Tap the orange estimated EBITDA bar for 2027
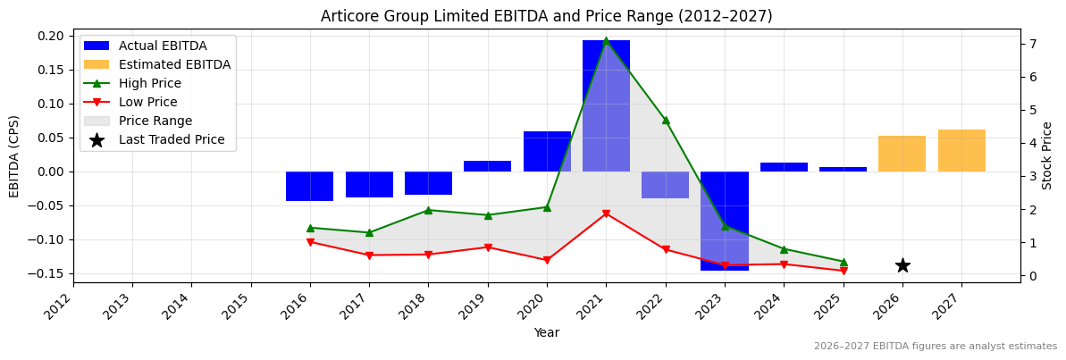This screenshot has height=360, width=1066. click(x=961, y=151)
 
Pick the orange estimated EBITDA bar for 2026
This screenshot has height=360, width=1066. click(x=902, y=154)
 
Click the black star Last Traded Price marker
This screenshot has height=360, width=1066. click(x=902, y=265)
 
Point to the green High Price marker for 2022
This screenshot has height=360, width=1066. click(x=666, y=120)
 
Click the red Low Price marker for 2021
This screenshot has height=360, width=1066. click(x=606, y=213)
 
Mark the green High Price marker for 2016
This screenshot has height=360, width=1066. click(x=310, y=228)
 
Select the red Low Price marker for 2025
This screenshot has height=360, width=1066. click(x=844, y=271)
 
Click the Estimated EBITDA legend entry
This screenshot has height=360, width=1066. click(x=174, y=65)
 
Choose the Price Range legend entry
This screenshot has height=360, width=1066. click(x=155, y=121)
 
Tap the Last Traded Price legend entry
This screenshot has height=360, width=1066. click(x=172, y=140)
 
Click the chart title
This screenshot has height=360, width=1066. click(x=546, y=16)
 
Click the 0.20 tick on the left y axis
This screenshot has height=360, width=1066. click(x=52, y=36)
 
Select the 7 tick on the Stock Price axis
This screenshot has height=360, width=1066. click(x=1033, y=44)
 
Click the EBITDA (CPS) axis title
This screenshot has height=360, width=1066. click(x=14, y=155)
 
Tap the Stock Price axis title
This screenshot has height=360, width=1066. click(x=1047, y=155)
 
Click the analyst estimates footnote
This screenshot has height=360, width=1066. click(x=935, y=347)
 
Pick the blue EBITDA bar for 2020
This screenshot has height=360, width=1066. click(x=547, y=152)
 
